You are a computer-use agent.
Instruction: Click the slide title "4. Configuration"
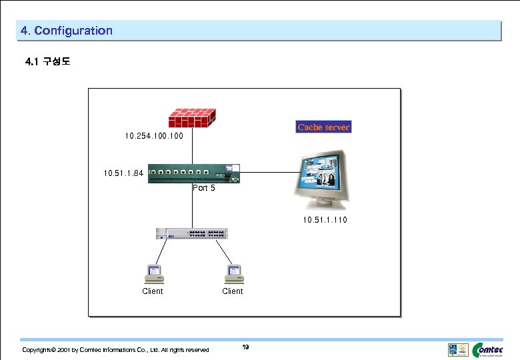click(67, 31)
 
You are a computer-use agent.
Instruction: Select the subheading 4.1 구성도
click(47, 62)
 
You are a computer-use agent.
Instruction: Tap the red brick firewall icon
click(192, 117)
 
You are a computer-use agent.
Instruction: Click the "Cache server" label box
click(323, 127)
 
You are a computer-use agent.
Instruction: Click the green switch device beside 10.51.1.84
click(193, 173)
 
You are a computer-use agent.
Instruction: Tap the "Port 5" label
click(204, 188)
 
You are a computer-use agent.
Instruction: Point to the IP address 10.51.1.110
click(325, 219)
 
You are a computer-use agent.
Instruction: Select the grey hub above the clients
click(191, 233)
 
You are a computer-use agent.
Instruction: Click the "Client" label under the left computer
click(153, 291)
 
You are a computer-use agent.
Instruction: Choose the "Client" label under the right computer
click(233, 291)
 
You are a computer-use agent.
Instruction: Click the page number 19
click(245, 347)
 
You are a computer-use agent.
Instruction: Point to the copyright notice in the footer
click(115, 350)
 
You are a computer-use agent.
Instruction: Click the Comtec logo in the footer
click(493, 349)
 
